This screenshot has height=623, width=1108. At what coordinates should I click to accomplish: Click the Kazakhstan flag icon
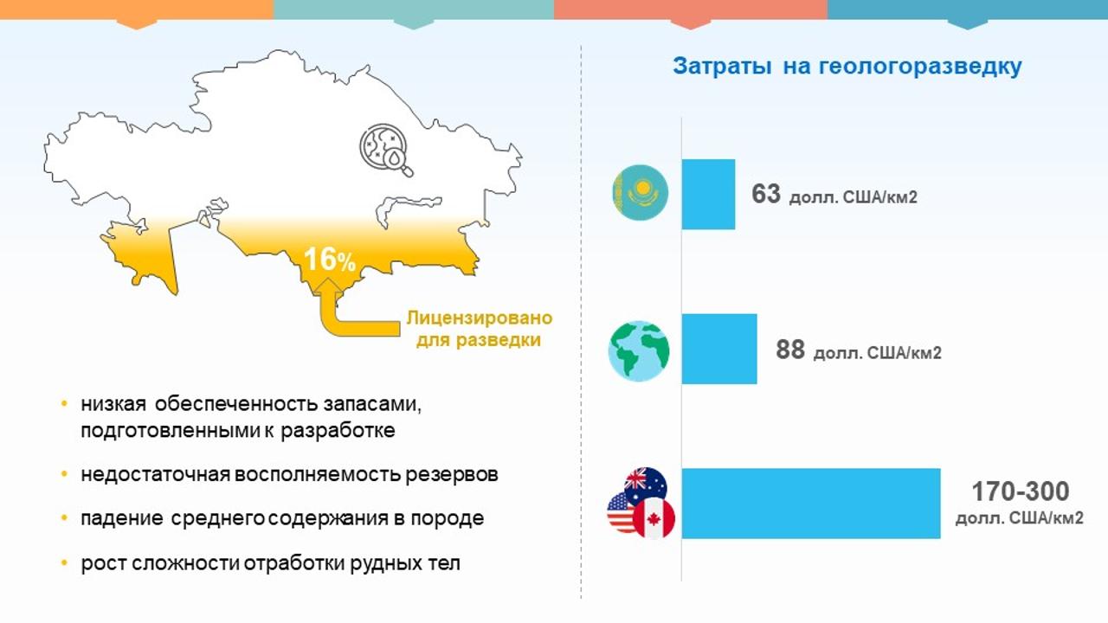pyautogui.click(x=641, y=192)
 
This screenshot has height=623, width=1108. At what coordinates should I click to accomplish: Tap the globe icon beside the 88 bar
pyautogui.click(x=639, y=351)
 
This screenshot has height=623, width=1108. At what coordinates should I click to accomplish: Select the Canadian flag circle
pyautogui.click(x=654, y=518)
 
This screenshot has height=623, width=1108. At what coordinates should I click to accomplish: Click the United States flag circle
pyautogui.click(x=620, y=512)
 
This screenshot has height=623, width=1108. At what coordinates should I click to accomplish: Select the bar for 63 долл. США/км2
pyautogui.click(x=708, y=195)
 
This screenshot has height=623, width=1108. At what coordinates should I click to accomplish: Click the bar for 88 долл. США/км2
pyautogui.click(x=719, y=349)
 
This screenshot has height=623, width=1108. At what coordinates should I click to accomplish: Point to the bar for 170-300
pyautogui.click(x=811, y=504)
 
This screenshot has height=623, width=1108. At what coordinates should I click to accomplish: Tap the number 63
pyautogui.click(x=766, y=194)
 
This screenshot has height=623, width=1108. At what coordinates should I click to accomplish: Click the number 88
pyautogui.click(x=790, y=350)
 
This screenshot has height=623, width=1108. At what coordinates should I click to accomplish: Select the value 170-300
pyautogui.click(x=1021, y=491)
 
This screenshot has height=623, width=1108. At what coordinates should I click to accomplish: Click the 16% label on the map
pyautogui.click(x=330, y=259)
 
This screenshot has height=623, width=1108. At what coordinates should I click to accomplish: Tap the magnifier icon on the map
pyautogui.click(x=386, y=150)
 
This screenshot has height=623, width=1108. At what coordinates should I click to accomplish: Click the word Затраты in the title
pyautogui.click(x=722, y=67)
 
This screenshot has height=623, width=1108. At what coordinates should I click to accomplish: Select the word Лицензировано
pyautogui.click(x=480, y=318)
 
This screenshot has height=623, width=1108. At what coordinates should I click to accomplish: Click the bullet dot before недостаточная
pyautogui.click(x=64, y=474)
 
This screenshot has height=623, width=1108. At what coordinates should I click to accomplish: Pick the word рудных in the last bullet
pyautogui.click(x=379, y=563)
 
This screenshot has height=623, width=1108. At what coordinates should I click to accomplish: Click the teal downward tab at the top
pyautogui.click(x=414, y=24)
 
